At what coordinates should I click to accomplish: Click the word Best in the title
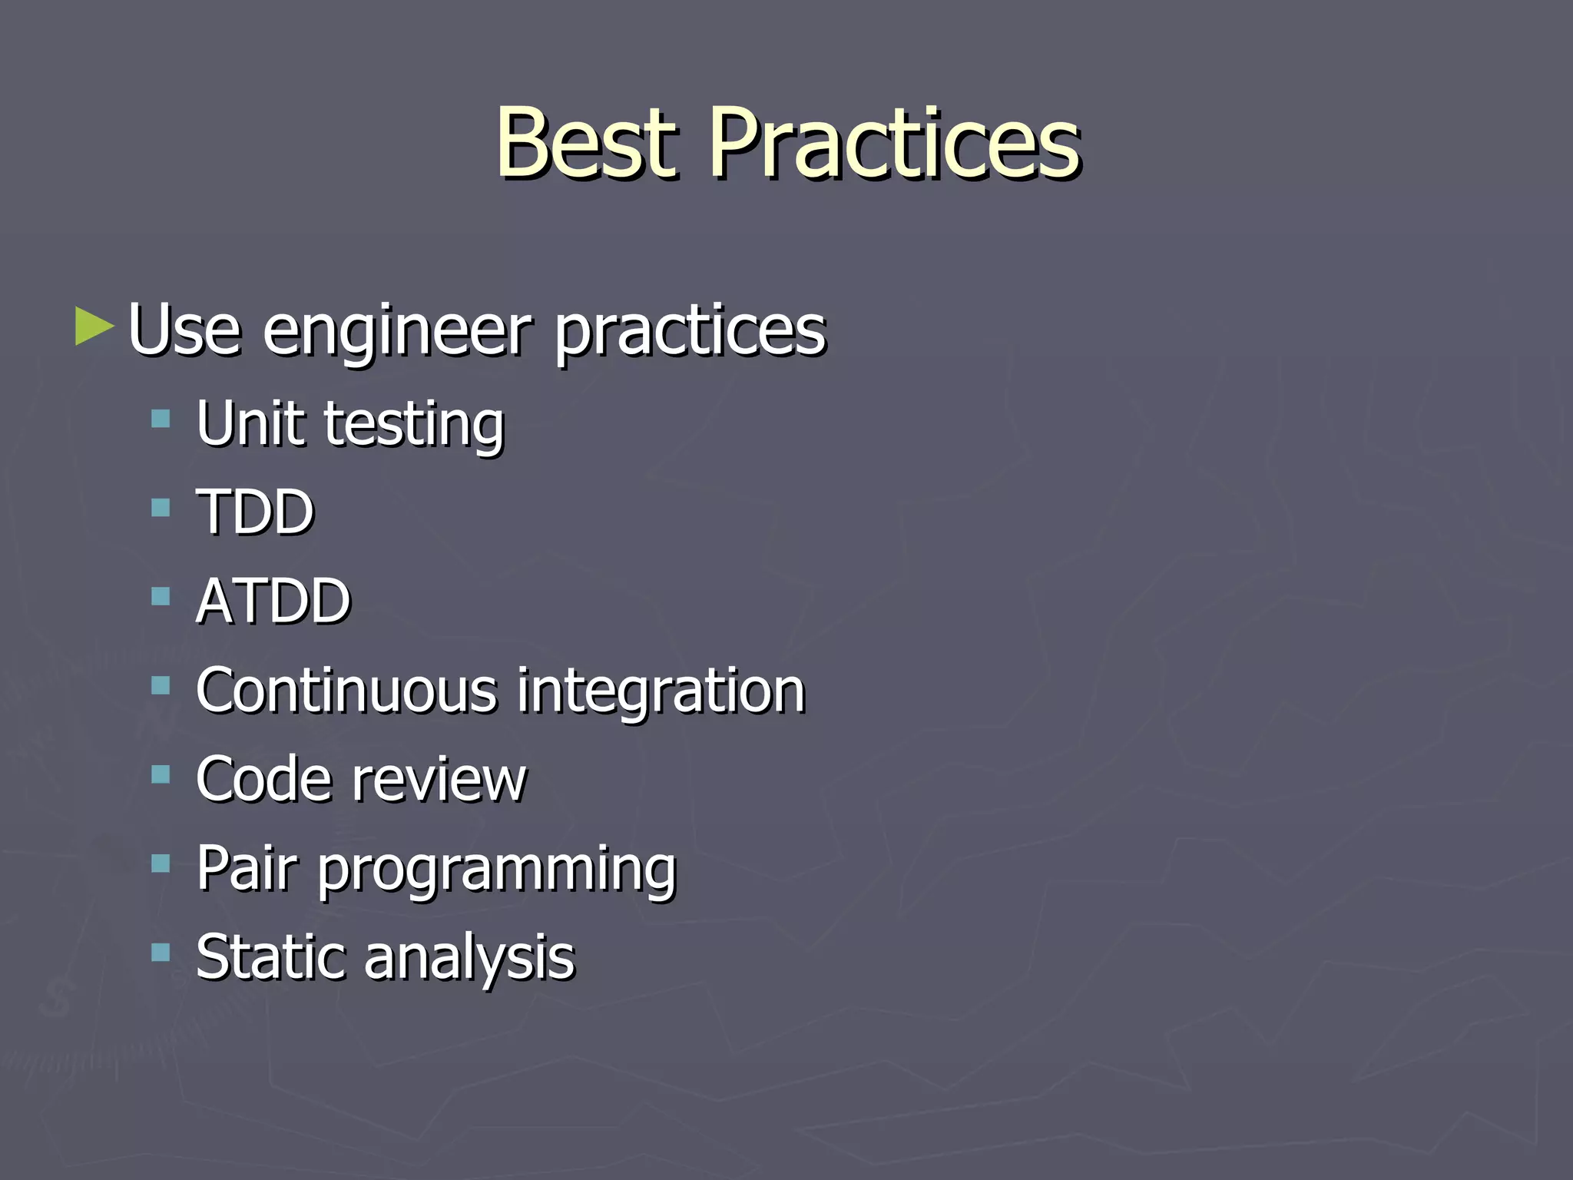(x=588, y=144)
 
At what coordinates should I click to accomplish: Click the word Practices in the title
(x=895, y=144)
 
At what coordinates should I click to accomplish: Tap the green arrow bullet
(x=94, y=326)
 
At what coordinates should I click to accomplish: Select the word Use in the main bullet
(x=184, y=330)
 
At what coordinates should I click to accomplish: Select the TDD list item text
(x=255, y=512)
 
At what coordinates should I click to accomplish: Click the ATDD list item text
(x=273, y=601)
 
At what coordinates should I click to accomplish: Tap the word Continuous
(x=346, y=690)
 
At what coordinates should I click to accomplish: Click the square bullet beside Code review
(x=161, y=774)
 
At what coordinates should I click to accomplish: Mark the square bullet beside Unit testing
(x=161, y=419)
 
